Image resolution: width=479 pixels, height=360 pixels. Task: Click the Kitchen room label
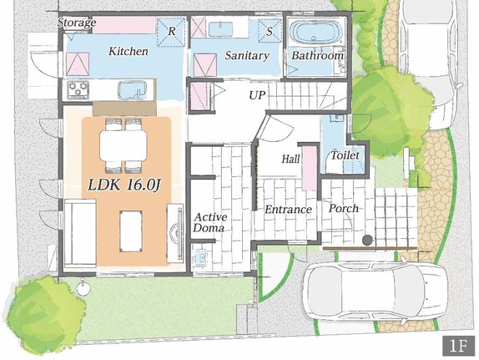point(129,51)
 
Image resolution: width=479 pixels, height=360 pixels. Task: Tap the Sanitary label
point(247,55)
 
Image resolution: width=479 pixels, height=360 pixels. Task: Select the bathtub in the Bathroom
point(315,32)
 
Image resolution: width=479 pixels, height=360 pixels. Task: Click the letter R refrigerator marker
point(172,31)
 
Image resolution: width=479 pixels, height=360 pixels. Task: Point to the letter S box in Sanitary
point(270,31)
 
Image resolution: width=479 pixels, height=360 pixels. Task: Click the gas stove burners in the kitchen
point(78,89)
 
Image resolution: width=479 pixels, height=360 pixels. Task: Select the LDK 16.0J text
point(124,185)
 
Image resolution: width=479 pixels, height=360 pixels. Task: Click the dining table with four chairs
point(124,145)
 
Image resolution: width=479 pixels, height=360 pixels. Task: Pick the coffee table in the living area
point(131,231)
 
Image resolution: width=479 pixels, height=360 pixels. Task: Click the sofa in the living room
point(80,233)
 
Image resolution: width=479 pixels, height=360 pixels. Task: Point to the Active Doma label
point(210,222)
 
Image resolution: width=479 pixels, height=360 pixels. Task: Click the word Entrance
point(288,210)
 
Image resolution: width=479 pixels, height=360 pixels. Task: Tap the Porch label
point(344,208)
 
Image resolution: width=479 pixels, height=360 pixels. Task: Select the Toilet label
point(345,155)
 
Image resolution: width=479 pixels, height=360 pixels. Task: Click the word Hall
point(290,159)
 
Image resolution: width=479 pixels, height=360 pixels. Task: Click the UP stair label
point(257,95)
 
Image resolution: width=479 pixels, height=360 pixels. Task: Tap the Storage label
point(77,23)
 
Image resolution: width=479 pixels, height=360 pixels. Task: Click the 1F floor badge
point(458,346)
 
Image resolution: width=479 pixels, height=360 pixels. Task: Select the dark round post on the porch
point(367,240)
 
